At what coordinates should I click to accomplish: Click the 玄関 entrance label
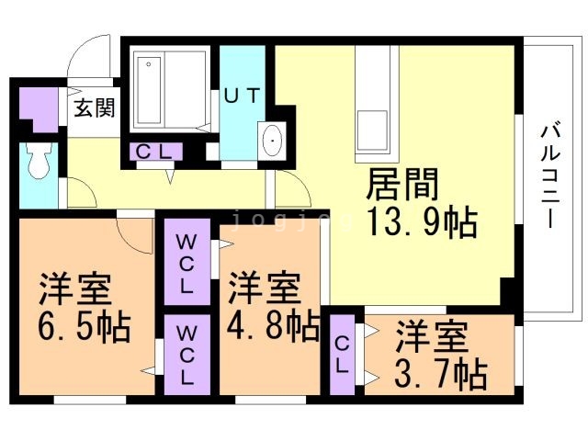tap(94, 108)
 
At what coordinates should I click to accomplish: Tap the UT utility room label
tap(242, 96)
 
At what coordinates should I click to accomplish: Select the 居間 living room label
tap(402, 184)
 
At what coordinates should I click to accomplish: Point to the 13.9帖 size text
tap(423, 222)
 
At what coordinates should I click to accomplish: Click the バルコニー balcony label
tap(550, 176)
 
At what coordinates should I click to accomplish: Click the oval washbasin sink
tap(272, 141)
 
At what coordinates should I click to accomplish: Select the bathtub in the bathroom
tap(149, 90)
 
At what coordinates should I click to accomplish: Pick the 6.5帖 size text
tap(85, 327)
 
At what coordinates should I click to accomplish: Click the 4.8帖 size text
tap(273, 325)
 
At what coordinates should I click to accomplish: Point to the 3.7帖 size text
tap(441, 374)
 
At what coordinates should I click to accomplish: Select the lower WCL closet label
tap(187, 356)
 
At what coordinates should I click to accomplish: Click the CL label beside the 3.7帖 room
tap(342, 355)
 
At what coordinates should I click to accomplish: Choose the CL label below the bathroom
tap(153, 152)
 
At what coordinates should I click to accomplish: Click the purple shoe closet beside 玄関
tap(39, 109)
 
